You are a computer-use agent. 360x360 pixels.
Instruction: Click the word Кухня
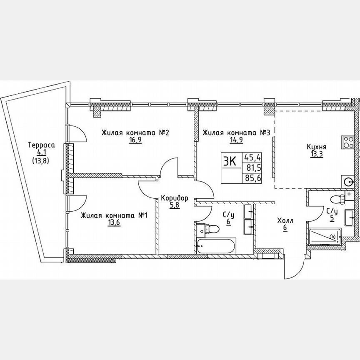pos(317,147)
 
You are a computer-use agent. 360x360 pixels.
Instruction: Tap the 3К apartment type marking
pos(230,162)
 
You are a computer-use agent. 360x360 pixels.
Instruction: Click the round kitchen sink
pos(349,181)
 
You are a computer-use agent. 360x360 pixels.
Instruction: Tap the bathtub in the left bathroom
pos(216,245)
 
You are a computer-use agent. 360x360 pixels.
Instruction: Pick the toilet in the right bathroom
pos(335,199)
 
